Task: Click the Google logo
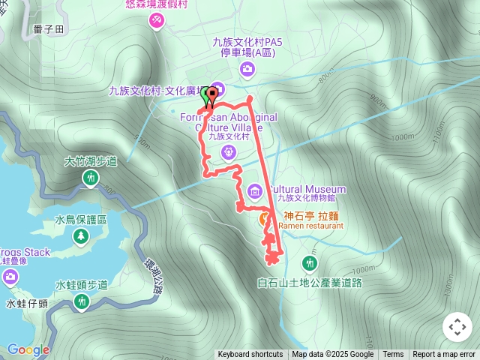click(28, 349)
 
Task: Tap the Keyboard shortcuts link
click(250, 355)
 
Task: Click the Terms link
click(393, 355)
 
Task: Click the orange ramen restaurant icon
click(265, 219)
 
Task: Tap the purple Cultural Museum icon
click(255, 191)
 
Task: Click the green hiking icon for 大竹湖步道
click(91, 178)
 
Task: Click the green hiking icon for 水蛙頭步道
click(82, 302)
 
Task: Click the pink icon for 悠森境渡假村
click(157, 22)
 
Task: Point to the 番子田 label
click(49, 29)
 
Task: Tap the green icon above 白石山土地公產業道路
click(309, 263)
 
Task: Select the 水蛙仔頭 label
click(28, 303)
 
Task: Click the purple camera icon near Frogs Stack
click(10, 278)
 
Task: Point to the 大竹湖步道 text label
click(91, 160)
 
